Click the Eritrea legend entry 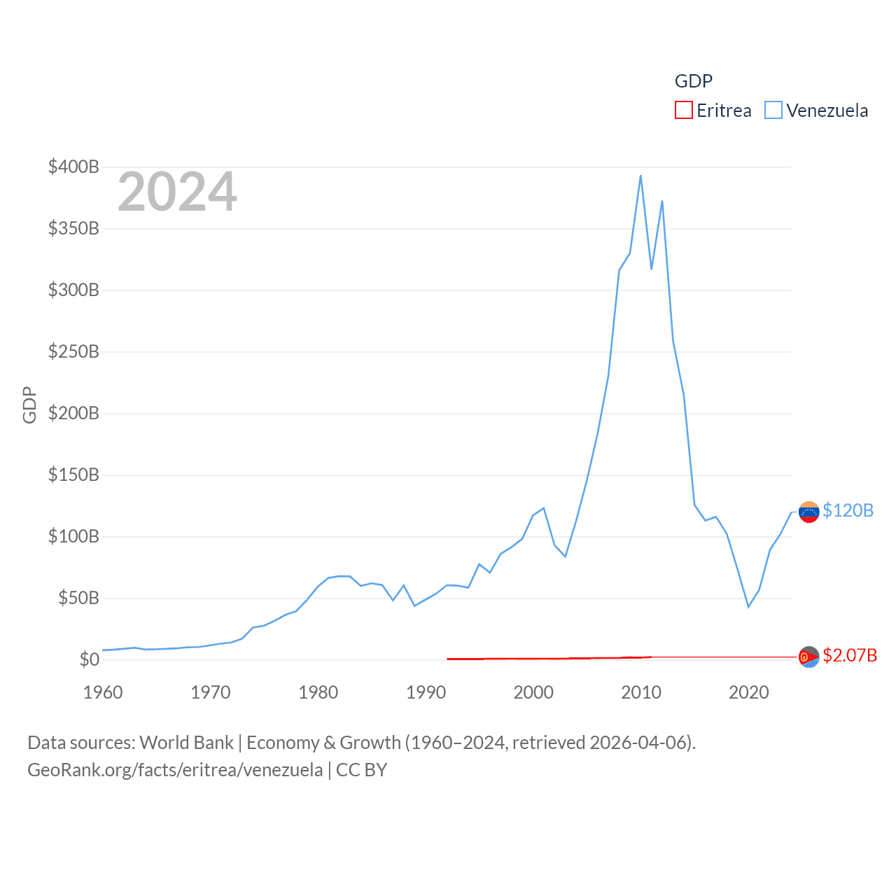click(x=713, y=111)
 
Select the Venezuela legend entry click(x=817, y=111)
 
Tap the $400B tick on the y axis click(x=73, y=167)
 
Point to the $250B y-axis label click(x=73, y=351)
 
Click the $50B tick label click(x=78, y=598)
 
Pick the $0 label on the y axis click(x=89, y=659)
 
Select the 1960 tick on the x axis click(x=103, y=692)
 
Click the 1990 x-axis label click(x=426, y=692)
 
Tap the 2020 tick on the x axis click(x=749, y=692)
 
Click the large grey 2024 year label click(x=177, y=192)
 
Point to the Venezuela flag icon click(x=809, y=512)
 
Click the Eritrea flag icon click(x=809, y=657)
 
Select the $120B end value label click(x=848, y=510)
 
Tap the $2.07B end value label click(x=850, y=655)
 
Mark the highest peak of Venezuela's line click(x=640, y=176)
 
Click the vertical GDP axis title click(x=29, y=405)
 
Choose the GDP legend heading click(x=693, y=81)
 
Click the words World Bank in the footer click(x=186, y=742)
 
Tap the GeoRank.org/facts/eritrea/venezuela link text click(x=175, y=770)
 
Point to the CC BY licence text click(x=361, y=770)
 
